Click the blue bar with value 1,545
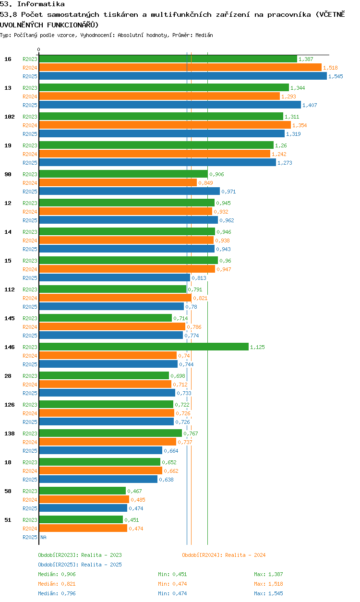(183, 76)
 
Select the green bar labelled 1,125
(144, 347)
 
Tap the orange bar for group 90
(118, 183)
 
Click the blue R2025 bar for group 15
(114, 277)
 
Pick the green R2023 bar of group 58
(83, 491)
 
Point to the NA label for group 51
(43, 537)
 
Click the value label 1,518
(330, 68)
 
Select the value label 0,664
(171, 451)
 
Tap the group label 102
(10, 117)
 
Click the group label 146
(10, 347)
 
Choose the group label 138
(10, 433)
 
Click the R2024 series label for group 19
(30, 154)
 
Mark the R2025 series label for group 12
(30, 220)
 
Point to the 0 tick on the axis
(39, 49)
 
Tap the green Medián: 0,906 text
(57, 574)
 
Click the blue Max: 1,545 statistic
(268, 593)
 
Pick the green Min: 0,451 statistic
(172, 574)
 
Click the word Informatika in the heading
(41, 4)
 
